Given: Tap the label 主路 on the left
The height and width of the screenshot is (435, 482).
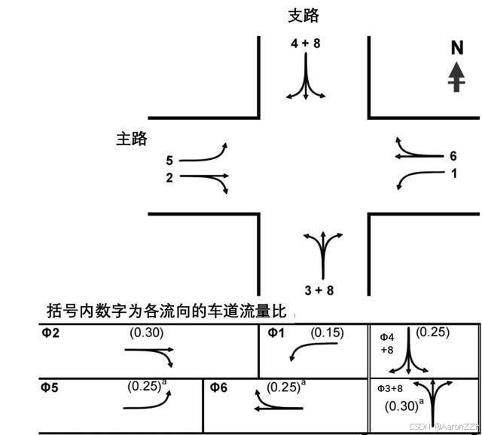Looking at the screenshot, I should tap(131, 139).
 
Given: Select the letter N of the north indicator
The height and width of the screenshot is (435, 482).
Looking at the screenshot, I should tap(456, 48).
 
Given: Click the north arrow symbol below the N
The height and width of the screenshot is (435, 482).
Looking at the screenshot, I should tap(456, 77).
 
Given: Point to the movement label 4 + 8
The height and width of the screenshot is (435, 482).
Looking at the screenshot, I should tap(306, 44).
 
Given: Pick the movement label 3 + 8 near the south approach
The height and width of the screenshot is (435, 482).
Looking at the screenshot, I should tap(319, 289).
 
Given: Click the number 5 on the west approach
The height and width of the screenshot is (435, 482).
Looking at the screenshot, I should tap(169, 161).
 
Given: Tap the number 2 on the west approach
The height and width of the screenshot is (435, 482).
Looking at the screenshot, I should tap(169, 178).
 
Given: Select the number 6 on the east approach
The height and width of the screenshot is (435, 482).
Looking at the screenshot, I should tap(453, 156).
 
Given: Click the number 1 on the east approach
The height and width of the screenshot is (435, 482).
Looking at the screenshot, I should tap(453, 173).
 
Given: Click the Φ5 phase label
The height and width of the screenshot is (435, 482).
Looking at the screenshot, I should tap(50, 388).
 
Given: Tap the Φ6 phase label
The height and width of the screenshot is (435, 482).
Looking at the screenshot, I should tap(218, 388).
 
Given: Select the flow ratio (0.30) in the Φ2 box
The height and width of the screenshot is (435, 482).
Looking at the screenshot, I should tap(147, 332).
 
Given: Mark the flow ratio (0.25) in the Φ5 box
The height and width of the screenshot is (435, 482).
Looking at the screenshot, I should tap(143, 386).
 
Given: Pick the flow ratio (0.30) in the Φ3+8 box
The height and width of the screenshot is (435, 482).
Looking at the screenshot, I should tap(401, 406).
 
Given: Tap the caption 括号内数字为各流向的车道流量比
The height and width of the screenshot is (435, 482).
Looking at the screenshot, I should tap(166, 311).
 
